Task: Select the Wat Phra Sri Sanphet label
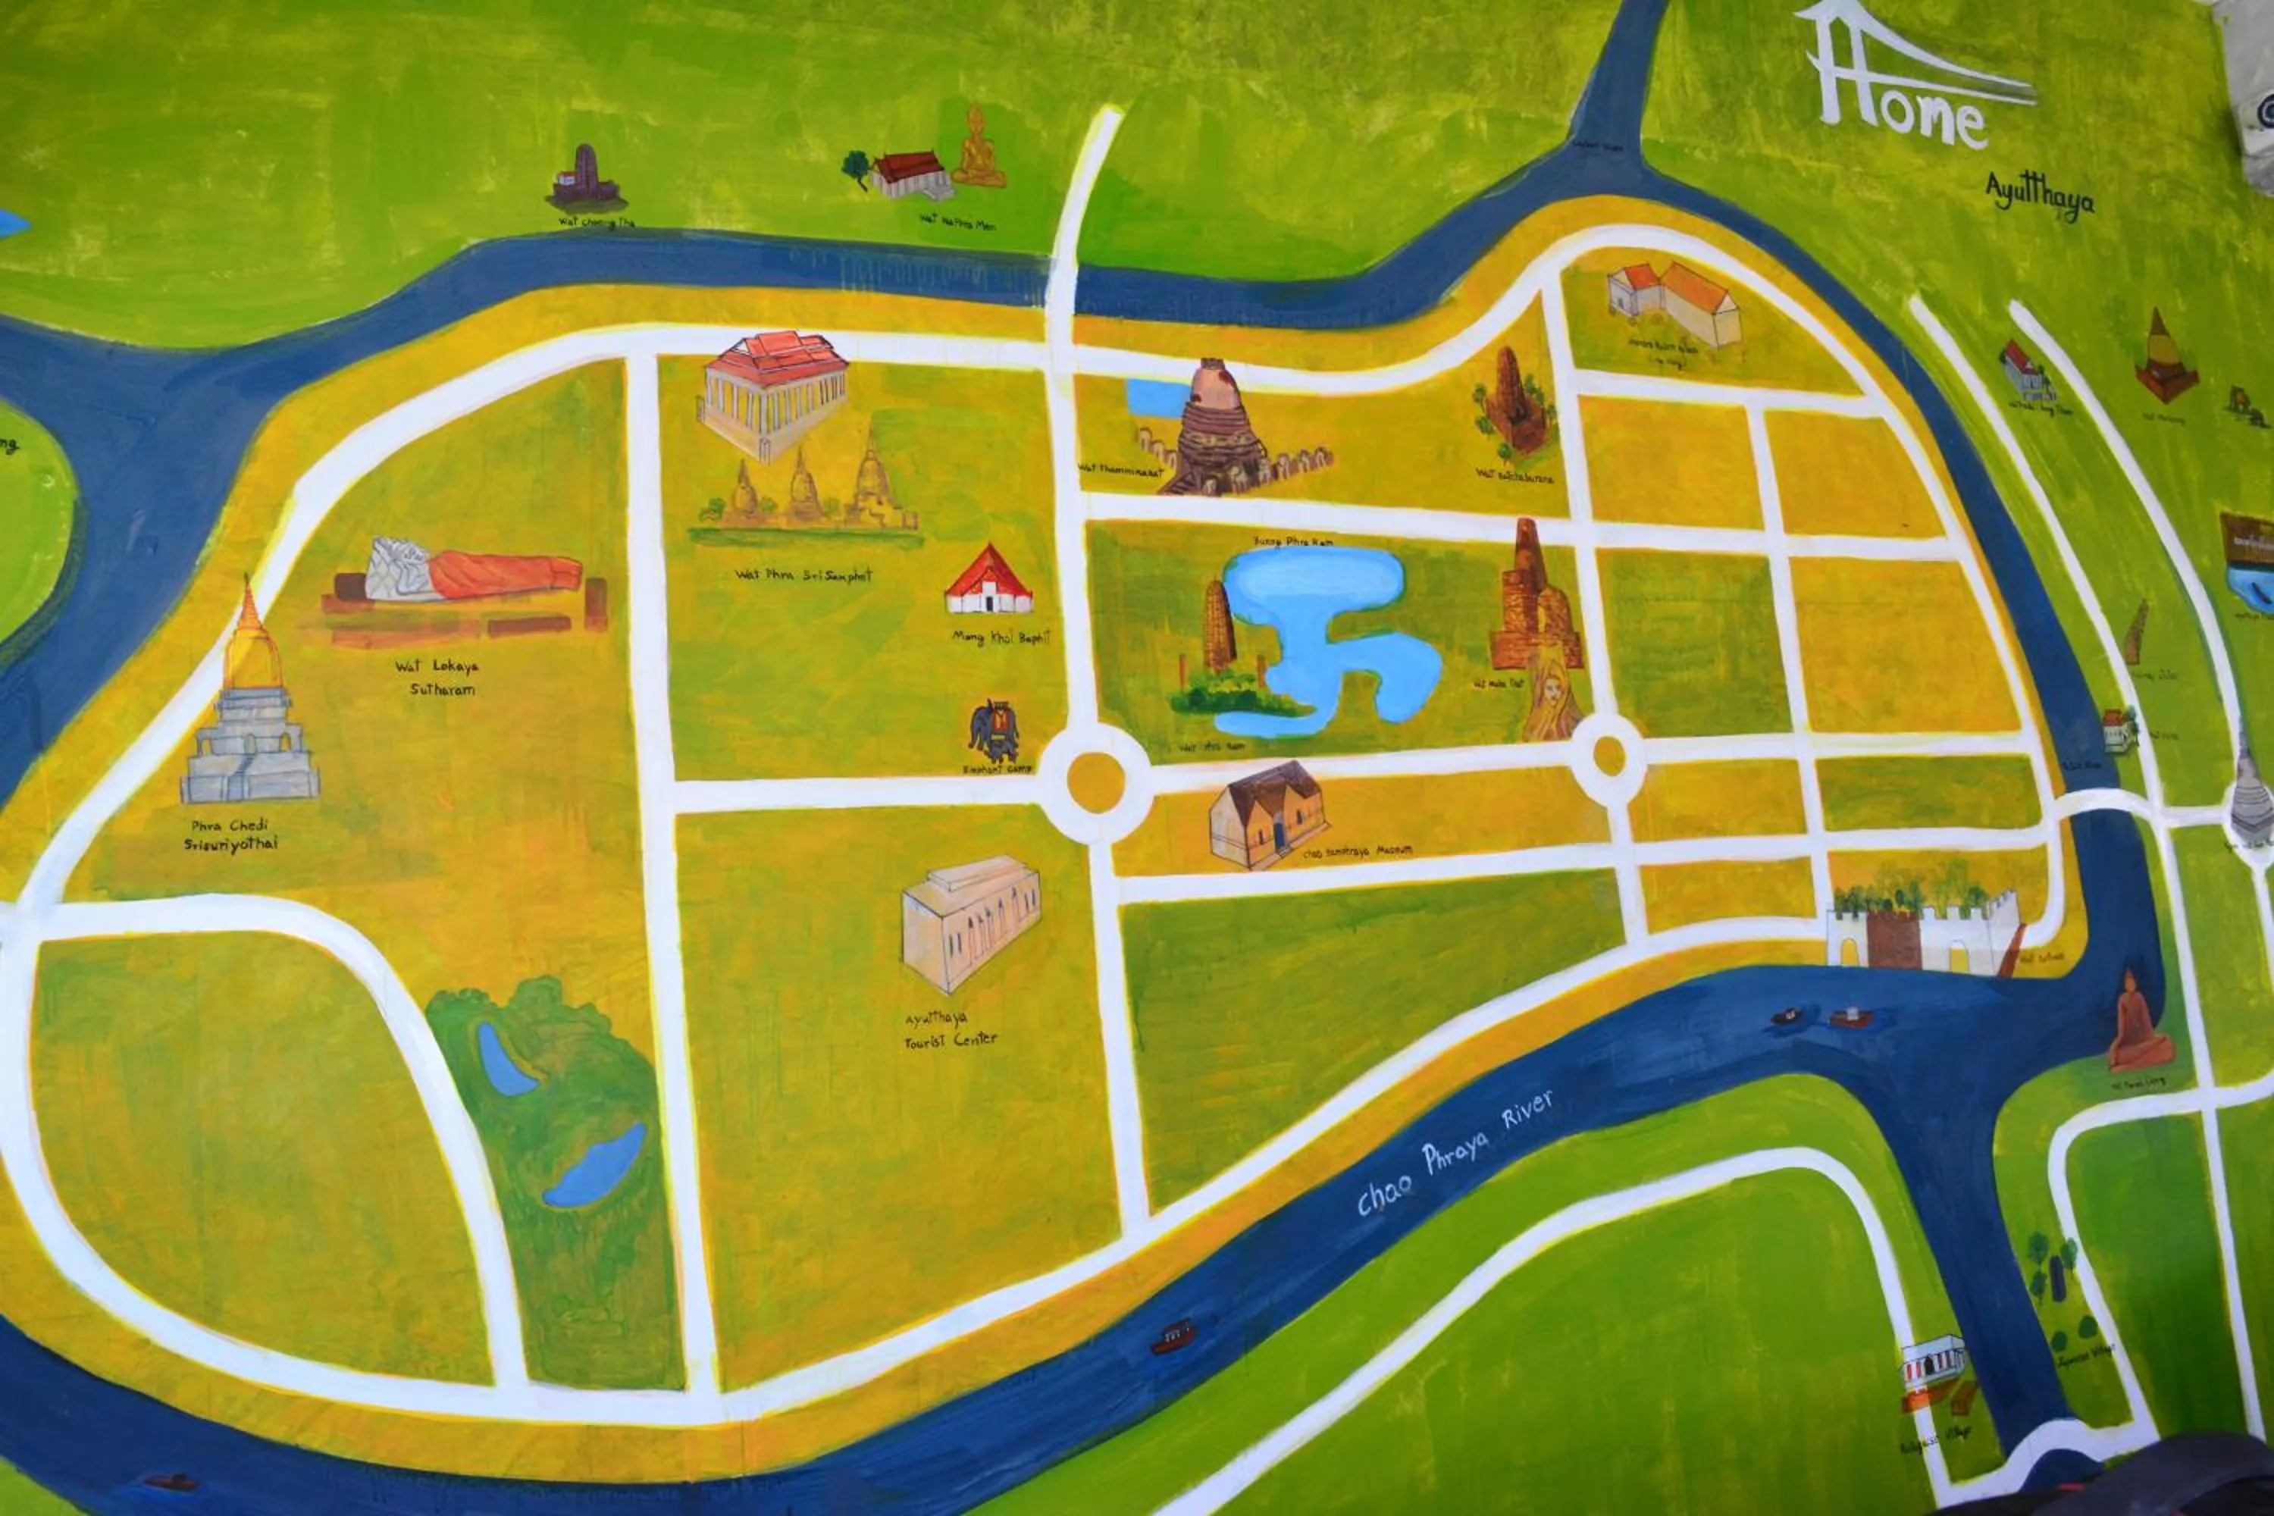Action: (803, 575)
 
